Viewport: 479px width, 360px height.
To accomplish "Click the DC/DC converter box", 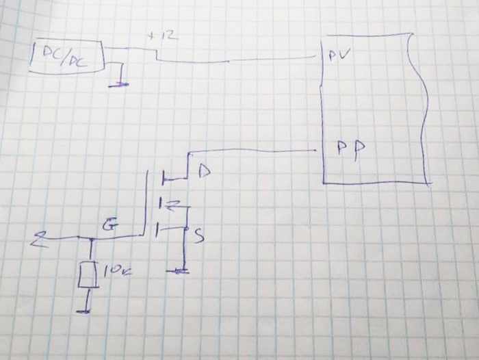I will [66, 55].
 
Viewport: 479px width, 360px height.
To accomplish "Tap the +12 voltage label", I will [162, 36].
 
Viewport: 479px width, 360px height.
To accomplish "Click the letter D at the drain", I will [203, 171].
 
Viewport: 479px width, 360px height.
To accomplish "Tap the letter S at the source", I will [198, 237].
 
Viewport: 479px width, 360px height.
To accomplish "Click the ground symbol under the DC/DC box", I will [120, 84].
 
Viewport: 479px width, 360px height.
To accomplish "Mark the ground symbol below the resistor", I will [85, 311].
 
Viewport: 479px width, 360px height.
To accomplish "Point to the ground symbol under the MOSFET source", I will [181, 271].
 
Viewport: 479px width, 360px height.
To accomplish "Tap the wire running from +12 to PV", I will [239, 60].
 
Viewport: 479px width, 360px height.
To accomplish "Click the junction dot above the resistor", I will [90, 238].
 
